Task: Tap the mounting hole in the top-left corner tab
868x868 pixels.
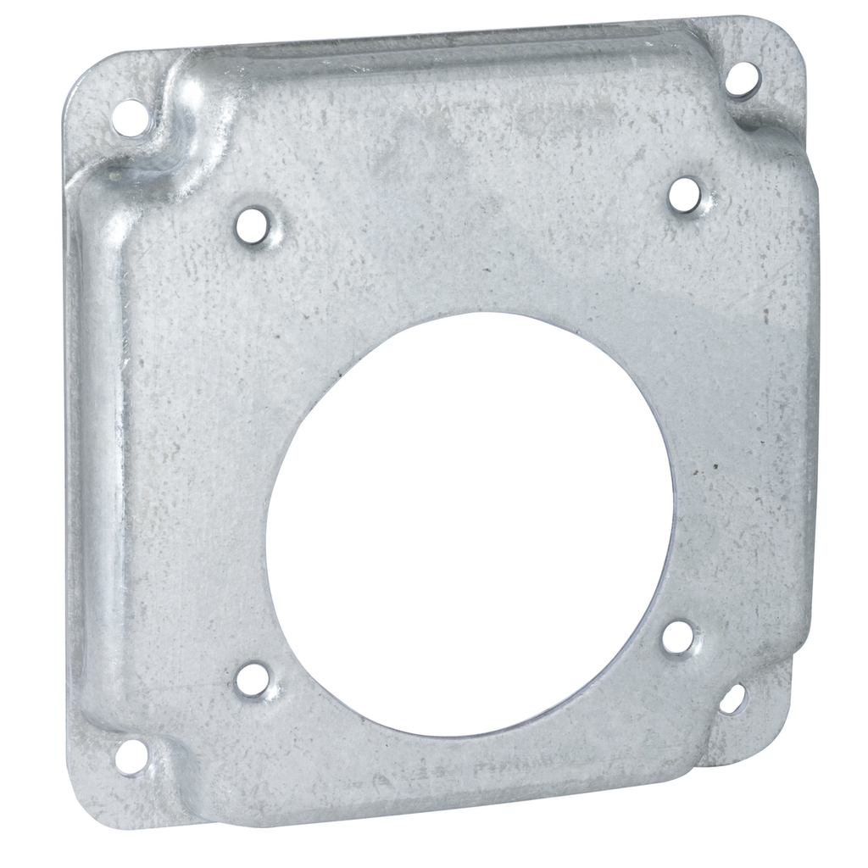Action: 130,118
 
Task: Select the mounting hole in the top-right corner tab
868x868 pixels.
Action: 743,79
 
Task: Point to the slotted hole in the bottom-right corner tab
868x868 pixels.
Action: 732,699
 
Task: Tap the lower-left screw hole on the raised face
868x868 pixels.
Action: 253,680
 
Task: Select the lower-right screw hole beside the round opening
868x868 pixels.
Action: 679,637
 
